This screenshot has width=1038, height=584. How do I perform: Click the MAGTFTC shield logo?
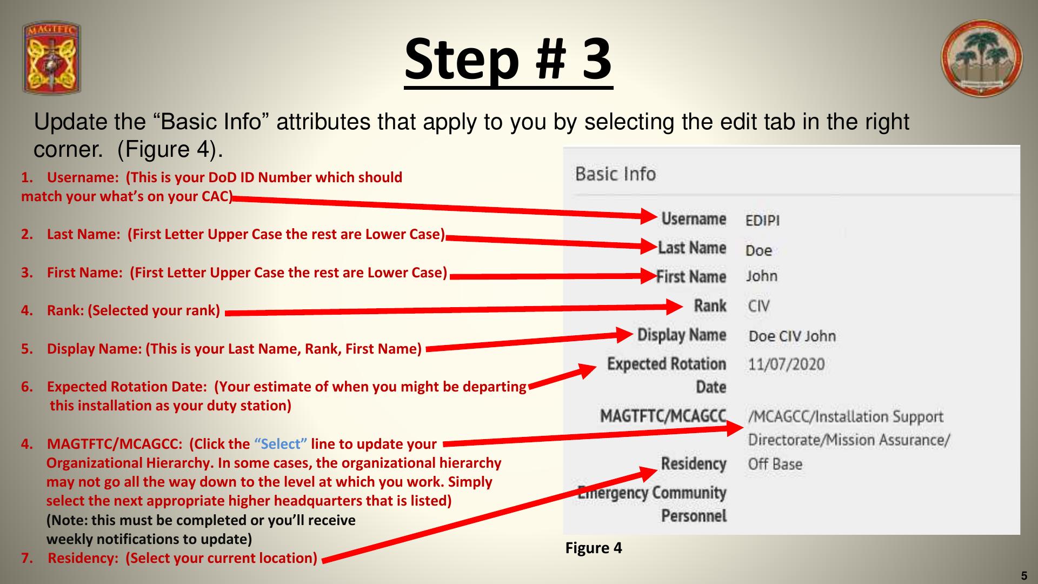pyautogui.click(x=52, y=58)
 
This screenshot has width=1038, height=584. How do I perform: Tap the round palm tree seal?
pyautogui.click(x=982, y=58)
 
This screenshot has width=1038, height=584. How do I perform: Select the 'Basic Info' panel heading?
pyautogui.click(x=615, y=174)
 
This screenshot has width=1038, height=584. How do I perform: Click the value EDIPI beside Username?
pyautogui.click(x=762, y=221)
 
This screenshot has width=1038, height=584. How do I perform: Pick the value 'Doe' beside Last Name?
pyautogui.click(x=758, y=250)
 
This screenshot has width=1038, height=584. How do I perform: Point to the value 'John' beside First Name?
pyautogui.click(x=762, y=276)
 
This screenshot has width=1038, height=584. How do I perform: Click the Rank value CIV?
pyautogui.click(x=759, y=306)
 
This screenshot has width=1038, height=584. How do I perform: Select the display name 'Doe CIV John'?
pyautogui.click(x=792, y=336)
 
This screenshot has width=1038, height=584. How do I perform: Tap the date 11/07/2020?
pyautogui.click(x=786, y=364)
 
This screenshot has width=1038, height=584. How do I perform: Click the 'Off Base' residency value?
pyautogui.click(x=775, y=464)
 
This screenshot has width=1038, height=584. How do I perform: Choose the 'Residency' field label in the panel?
pyautogui.click(x=694, y=464)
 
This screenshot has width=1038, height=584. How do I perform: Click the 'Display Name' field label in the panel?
pyautogui.click(x=682, y=335)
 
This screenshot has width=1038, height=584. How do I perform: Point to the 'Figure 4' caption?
pyautogui.click(x=594, y=548)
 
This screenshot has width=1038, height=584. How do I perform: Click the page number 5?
pyautogui.click(x=1023, y=576)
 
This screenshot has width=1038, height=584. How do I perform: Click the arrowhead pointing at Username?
pyautogui.click(x=649, y=216)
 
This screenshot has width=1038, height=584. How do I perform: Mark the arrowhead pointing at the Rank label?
pyautogui.click(x=675, y=307)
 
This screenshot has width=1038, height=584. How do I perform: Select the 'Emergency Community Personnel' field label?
pyautogui.click(x=652, y=504)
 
